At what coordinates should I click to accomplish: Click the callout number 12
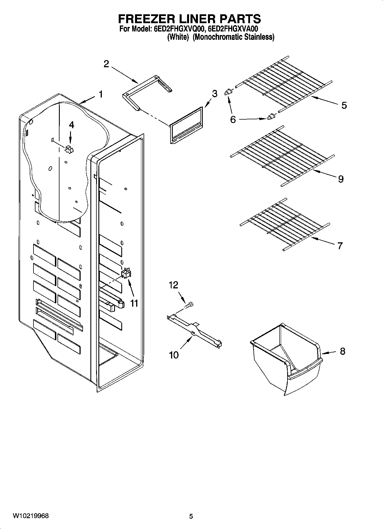tap(174, 285)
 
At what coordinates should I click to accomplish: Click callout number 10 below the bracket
tap(174, 355)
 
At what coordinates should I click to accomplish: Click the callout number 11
tap(134, 303)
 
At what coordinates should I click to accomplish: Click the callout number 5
tap(344, 105)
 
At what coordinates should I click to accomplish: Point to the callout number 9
tap(341, 179)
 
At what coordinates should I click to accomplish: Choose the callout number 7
tap(340, 245)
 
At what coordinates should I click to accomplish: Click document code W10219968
tap(31, 516)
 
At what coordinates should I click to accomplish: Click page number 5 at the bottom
tap(191, 516)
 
